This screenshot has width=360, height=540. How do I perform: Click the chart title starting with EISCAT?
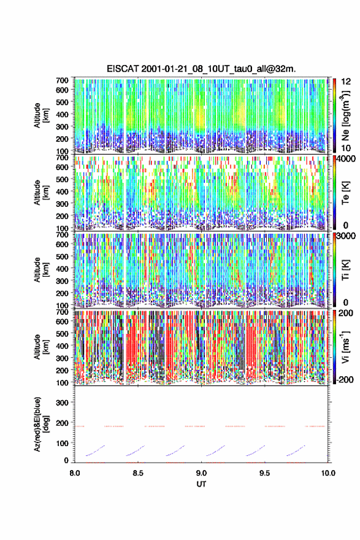(201, 69)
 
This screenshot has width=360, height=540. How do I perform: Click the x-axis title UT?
(201, 484)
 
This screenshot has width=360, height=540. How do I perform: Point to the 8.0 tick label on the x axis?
(75, 473)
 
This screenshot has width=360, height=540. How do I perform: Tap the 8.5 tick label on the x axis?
(138, 473)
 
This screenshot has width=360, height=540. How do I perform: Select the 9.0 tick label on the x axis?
(201, 473)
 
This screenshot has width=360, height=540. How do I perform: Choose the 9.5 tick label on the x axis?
(265, 473)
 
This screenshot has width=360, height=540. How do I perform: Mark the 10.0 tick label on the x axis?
(328, 473)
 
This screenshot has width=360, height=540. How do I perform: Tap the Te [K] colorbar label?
(345, 193)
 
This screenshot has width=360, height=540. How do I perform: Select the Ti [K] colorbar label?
(345, 270)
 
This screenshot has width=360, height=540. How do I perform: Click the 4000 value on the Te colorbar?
(345, 159)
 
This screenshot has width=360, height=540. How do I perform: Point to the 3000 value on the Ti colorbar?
(345, 236)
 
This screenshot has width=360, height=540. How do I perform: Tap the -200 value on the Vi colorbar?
(344, 379)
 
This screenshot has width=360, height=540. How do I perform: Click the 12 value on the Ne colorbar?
(346, 82)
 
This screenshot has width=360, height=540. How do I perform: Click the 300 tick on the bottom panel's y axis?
(63, 403)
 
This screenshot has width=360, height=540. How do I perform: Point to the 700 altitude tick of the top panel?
(62, 80)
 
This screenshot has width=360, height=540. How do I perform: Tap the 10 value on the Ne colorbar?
(346, 148)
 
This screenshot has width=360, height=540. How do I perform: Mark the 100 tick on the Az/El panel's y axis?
(63, 443)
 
